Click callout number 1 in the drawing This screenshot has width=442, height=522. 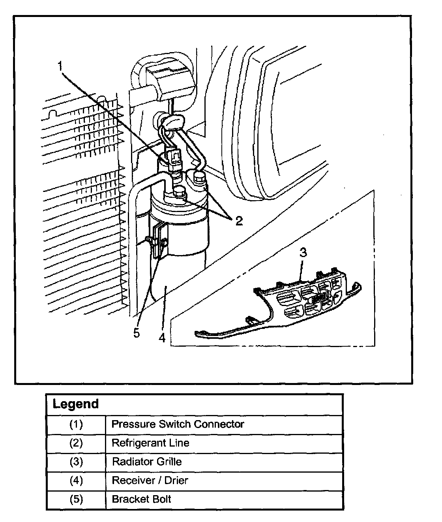(x=60, y=66)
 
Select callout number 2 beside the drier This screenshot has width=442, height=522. (x=239, y=221)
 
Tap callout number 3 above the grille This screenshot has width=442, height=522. (x=303, y=253)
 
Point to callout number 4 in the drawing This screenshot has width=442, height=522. (x=162, y=338)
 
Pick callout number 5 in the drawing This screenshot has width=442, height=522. (x=136, y=333)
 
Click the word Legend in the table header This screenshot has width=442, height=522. (x=75, y=404)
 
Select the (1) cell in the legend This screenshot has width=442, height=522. (x=76, y=424)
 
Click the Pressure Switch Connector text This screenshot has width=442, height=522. (x=178, y=424)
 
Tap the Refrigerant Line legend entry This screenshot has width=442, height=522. (x=150, y=443)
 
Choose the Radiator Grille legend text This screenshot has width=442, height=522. (x=147, y=462)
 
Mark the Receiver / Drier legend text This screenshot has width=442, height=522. (x=150, y=481)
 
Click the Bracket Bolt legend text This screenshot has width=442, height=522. (x=141, y=499)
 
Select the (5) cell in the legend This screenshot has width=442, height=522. (x=76, y=499)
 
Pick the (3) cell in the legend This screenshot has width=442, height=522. (x=76, y=462)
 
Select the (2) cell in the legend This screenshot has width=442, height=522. (x=76, y=443)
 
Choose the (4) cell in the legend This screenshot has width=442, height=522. (x=76, y=481)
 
